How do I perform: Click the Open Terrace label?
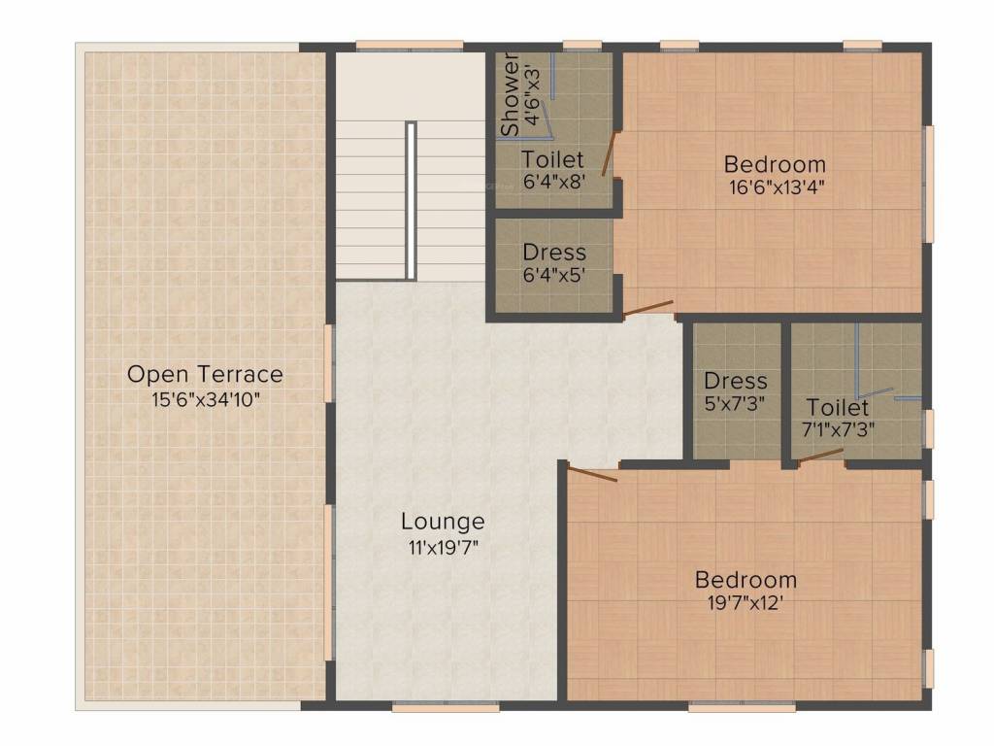[x=205, y=374]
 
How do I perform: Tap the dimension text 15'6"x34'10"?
[x=205, y=398]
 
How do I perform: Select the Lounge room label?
[x=443, y=522]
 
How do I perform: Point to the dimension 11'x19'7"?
[x=443, y=546]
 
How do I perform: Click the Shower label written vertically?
[x=510, y=94]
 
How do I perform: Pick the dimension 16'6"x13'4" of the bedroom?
[x=775, y=187]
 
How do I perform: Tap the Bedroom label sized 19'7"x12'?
[x=745, y=580]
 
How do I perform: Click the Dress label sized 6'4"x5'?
[x=553, y=253]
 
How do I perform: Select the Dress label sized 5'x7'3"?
[x=735, y=381]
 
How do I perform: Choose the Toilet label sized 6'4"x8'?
[x=552, y=158]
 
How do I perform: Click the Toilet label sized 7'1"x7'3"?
[x=837, y=406]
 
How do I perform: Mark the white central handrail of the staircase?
[x=412, y=200]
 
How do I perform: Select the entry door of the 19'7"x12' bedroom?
[x=592, y=474]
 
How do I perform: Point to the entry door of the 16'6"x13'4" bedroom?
[x=647, y=309]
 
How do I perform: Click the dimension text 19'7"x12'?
[x=745, y=603]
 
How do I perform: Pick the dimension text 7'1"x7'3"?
[x=837, y=429]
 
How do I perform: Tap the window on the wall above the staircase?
[x=408, y=45]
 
